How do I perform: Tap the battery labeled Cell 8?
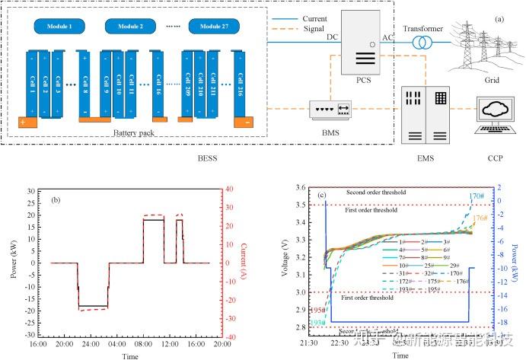tap(84, 81)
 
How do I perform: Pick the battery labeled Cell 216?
tap(241, 81)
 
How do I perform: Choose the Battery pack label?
tap(134, 132)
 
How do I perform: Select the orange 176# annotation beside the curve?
tap(479, 219)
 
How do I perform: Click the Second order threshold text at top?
tap(376, 193)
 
